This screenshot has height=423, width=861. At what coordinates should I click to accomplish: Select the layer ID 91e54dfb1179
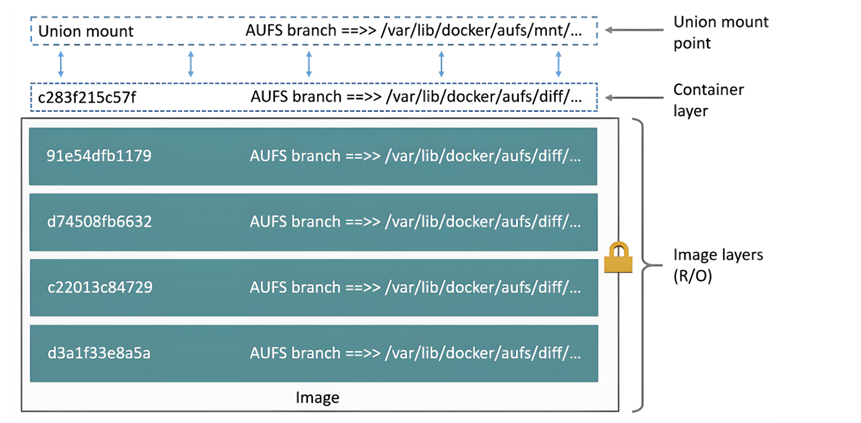click(x=99, y=156)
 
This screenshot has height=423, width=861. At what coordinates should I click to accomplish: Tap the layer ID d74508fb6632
click(x=99, y=222)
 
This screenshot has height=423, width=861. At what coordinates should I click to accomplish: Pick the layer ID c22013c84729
click(x=100, y=287)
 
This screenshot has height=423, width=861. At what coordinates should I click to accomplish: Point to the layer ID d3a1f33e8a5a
click(x=99, y=353)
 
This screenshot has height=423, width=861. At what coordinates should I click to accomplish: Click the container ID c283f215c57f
click(x=87, y=97)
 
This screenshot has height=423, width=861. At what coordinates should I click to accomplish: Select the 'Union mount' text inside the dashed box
click(x=86, y=31)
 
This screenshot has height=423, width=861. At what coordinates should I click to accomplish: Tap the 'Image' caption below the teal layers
click(x=318, y=397)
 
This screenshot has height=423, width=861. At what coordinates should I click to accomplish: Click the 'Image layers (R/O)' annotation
click(x=718, y=265)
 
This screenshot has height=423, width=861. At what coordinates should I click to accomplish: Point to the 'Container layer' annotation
click(x=709, y=100)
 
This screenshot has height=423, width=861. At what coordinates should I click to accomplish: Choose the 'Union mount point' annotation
click(x=721, y=32)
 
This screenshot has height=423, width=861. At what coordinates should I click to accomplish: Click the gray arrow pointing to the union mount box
click(x=634, y=30)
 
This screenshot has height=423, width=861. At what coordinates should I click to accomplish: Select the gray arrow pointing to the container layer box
click(x=634, y=98)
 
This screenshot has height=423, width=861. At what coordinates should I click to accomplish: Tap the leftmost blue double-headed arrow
click(x=61, y=64)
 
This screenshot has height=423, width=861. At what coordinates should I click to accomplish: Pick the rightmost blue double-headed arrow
click(x=558, y=64)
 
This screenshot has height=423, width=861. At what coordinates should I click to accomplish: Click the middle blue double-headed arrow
click(x=309, y=64)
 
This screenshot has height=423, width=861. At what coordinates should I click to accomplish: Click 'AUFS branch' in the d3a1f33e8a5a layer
click(x=295, y=353)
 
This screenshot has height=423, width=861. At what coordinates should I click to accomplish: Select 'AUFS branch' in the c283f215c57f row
click(x=296, y=97)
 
